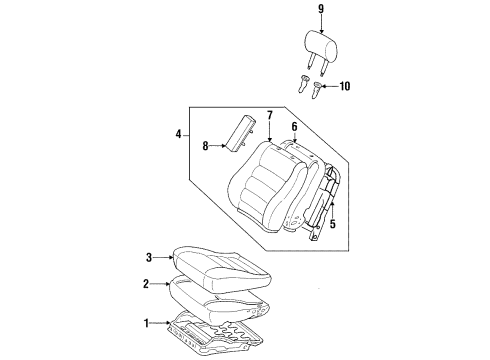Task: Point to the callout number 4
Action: (x=178, y=134)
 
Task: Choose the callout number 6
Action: (x=294, y=126)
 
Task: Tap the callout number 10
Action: (x=346, y=87)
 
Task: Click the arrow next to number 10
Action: (x=333, y=87)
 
